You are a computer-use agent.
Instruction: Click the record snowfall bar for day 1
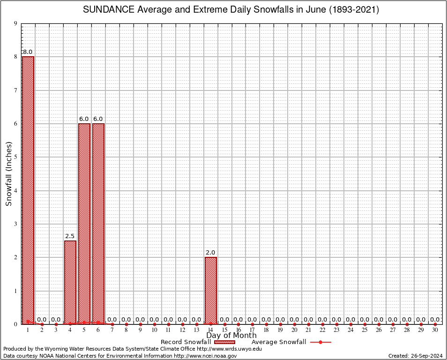[x=28, y=190]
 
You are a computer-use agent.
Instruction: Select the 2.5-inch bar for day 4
[x=70, y=282]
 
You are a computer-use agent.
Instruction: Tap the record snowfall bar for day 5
[x=84, y=223]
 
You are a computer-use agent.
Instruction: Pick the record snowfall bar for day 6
[x=98, y=223]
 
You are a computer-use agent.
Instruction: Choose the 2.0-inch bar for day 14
[x=210, y=290]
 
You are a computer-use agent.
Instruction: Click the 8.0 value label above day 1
[x=28, y=52]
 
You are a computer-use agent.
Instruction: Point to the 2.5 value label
[x=70, y=236]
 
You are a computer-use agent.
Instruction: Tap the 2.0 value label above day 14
[x=210, y=253]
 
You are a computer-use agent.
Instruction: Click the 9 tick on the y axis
[x=16, y=23]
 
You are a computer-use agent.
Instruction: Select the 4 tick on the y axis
[x=16, y=191]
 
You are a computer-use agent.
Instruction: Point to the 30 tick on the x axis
[x=435, y=330]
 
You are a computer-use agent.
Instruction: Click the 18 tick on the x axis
[x=267, y=330]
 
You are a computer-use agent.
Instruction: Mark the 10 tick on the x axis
[x=154, y=330]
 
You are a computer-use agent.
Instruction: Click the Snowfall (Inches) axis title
[x=9, y=174]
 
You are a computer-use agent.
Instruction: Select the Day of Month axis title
[x=231, y=336]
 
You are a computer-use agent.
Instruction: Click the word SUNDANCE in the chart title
[x=106, y=9]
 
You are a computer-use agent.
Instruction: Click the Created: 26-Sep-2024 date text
[x=416, y=356]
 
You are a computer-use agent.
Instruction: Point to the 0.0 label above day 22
[x=322, y=320]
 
